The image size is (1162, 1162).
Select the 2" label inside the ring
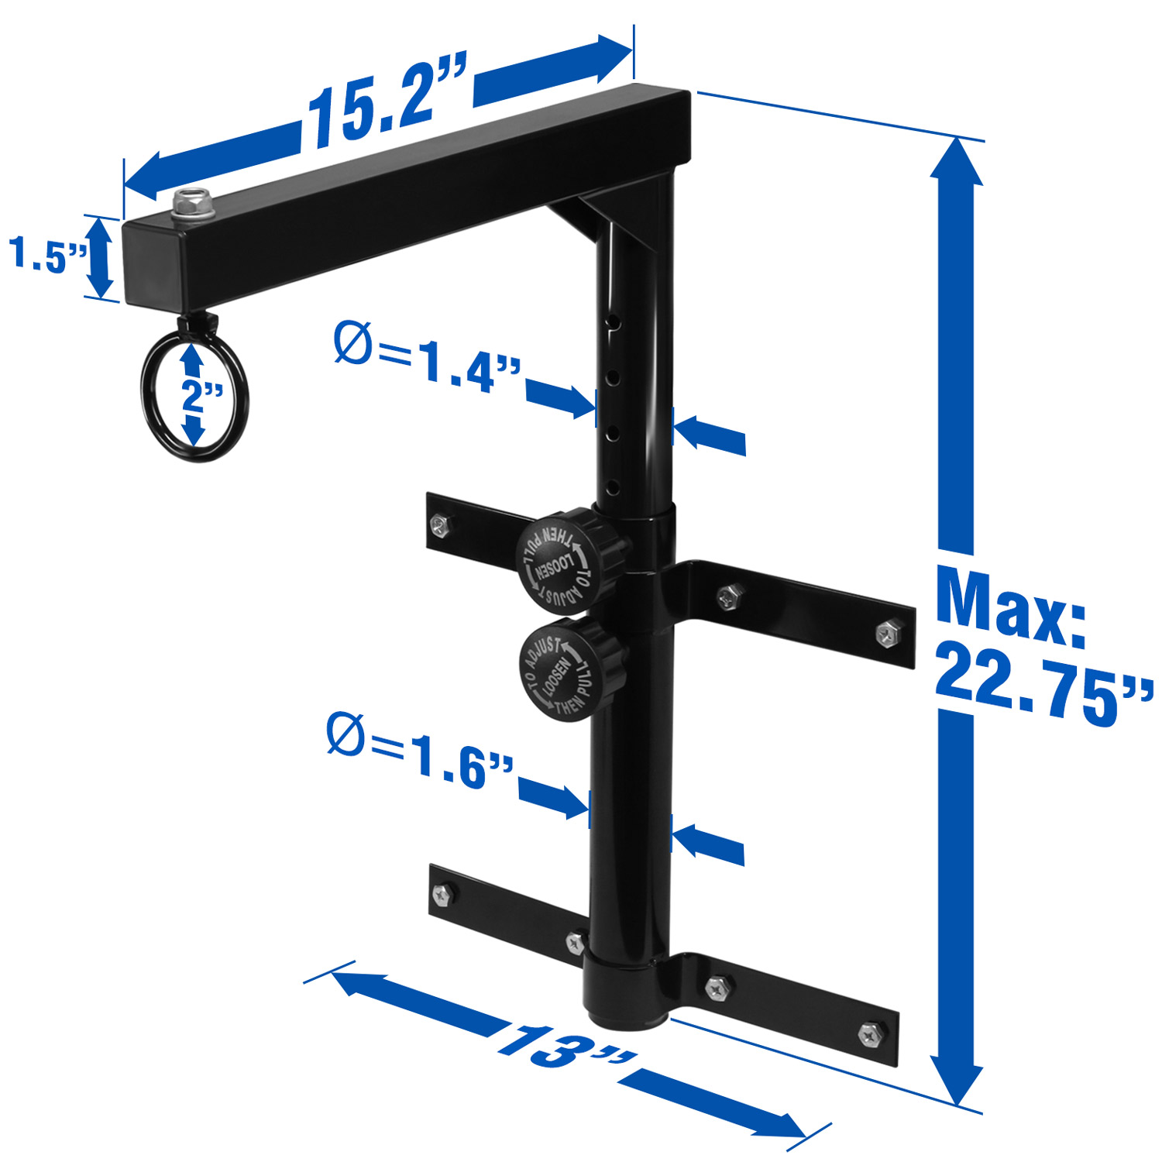pos(200,396)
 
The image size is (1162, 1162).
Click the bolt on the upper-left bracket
pos(439,526)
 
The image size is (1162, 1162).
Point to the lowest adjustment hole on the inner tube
pos(613,487)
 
